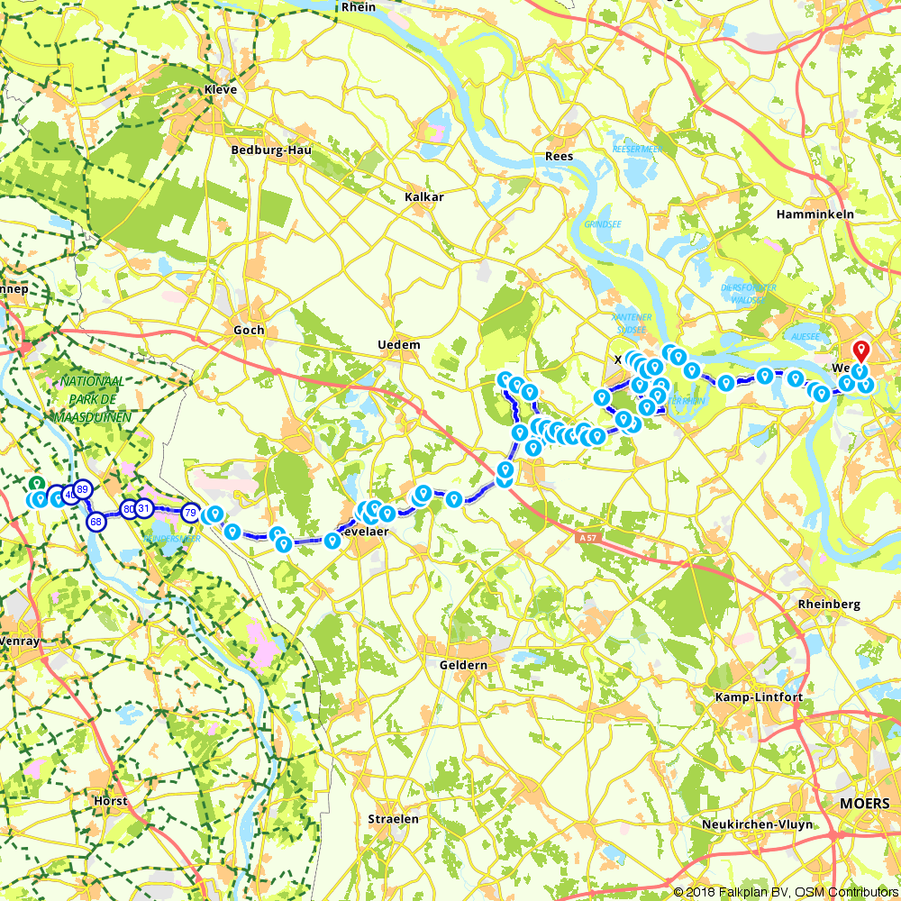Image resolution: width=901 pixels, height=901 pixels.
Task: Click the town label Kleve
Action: [x=221, y=90]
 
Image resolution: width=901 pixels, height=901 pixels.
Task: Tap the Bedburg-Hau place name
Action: [x=271, y=150]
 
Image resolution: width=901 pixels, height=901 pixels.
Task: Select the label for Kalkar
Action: [x=424, y=196]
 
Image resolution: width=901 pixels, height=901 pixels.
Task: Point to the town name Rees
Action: [x=559, y=157]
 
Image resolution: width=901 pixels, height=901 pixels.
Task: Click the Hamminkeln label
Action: [x=815, y=214]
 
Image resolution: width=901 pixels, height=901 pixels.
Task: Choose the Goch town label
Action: [x=249, y=330]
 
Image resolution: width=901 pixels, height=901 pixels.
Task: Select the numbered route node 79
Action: [x=190, y=513]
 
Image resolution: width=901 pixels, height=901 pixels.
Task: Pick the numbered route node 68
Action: [x=96, y=522]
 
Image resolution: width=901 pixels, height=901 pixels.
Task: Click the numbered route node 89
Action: [x=82, y=489]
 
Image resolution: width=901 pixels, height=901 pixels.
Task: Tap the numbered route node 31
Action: [x=143, y=509]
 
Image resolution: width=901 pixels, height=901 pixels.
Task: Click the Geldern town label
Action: [x=464, y=665]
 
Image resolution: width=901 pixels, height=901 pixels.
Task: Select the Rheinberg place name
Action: [x=829, y=605]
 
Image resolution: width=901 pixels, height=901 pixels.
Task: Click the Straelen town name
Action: [x=393, y=819]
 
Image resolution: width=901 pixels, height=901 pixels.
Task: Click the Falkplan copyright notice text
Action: [x=785, y=891]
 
